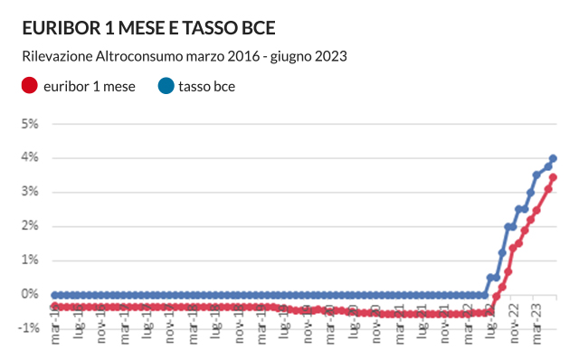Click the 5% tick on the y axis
coord(30,123)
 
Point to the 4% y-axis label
coord(30,157)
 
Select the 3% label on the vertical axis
coord(30,192)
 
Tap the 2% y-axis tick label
coord(30,226)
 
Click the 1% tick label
coord(30,261)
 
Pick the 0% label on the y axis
coord(30,295)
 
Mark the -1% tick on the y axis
coord(28,328)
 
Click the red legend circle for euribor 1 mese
coord(29,87)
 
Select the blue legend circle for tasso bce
coord(166,87)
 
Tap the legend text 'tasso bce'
coord(207,87)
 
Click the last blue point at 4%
coord(554,158)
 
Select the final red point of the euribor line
coord(554,177)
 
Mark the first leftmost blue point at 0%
coord(54,295)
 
